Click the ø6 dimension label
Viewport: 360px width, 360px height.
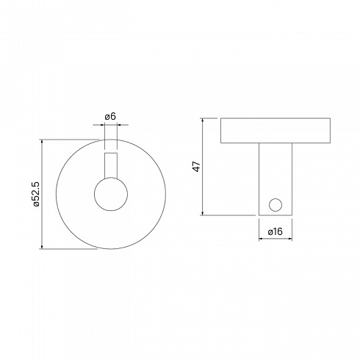(x=110, y=117)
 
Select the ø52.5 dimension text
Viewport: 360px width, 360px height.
(x=36, y=194)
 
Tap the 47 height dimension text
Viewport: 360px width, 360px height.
(x=197, y=167)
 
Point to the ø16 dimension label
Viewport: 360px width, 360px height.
(x=276, y=231)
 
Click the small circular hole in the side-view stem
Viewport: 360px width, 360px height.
(x=276, y=205)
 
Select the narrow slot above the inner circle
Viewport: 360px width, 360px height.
(x=111, y=165)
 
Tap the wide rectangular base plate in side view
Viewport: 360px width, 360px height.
(x=276, y=131)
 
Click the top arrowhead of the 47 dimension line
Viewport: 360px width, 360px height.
(x=203, y=120)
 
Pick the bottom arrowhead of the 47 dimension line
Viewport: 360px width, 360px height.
(x=203, y=213)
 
